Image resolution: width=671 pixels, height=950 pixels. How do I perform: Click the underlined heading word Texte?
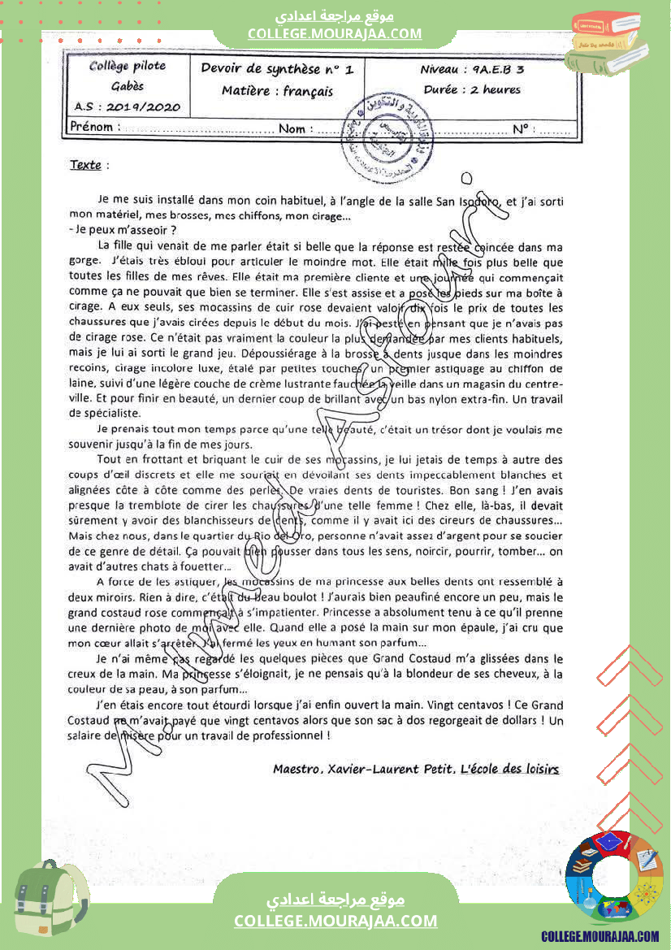[85, 165]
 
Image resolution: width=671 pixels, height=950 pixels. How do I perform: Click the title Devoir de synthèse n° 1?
[277, 70]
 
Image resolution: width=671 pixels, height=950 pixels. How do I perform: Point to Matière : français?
[277, 91]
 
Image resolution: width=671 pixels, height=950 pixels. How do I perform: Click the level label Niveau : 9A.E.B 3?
[472, 70]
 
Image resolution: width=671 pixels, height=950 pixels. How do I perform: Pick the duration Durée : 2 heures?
[472, 90]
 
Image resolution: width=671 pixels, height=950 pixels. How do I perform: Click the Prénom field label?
[91, 128]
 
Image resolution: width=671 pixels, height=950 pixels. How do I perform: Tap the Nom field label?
[292, 128]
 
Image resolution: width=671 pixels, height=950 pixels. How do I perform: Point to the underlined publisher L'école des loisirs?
[509, 769]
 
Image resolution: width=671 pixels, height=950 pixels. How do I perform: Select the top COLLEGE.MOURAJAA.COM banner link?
[335, 33]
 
